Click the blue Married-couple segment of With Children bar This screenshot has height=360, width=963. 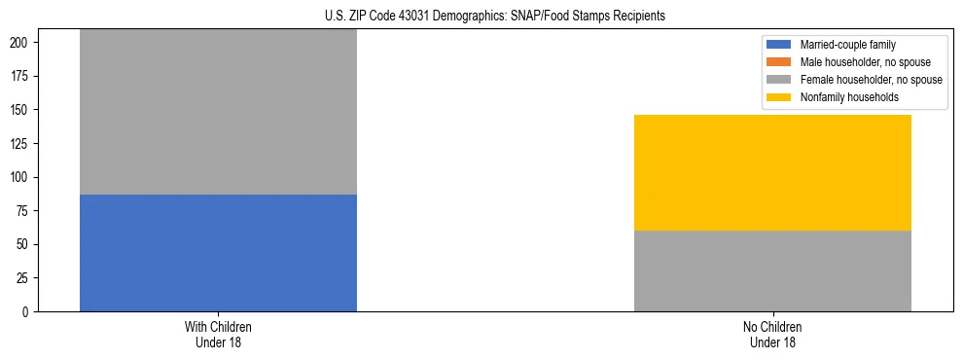point(218,253)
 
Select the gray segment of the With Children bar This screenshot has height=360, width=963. point(218,112)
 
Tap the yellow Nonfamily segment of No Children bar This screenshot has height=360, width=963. point(772,172)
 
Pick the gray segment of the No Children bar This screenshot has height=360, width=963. point(772,270)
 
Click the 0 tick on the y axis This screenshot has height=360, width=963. point(29,311)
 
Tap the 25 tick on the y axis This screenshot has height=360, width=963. point(26,278)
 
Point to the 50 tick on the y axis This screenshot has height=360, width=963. point(26,244)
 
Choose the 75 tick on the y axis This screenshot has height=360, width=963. point(26,211)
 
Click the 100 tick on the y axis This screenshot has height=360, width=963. point(23,177)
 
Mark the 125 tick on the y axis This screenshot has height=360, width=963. point(23,144)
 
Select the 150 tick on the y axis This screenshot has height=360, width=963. point(23,110)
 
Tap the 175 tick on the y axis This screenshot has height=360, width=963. point(23,77)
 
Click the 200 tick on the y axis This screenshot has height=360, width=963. point(23,43)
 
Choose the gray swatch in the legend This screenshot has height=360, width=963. point(779,80)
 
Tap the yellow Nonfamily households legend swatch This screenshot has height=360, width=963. point(779,97)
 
